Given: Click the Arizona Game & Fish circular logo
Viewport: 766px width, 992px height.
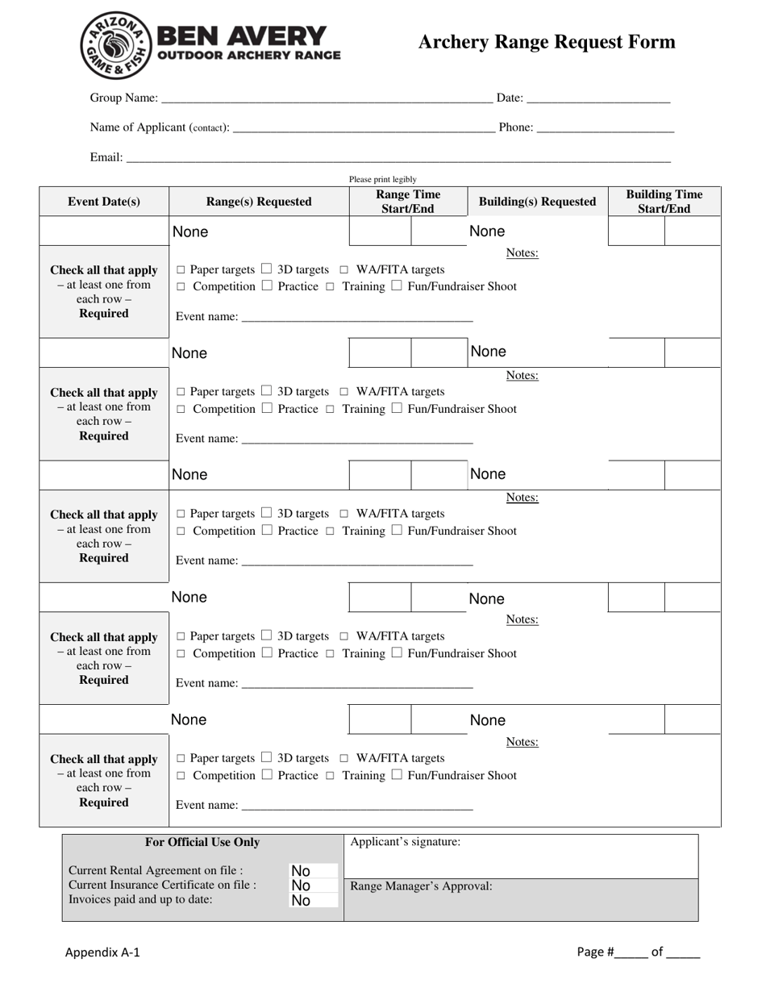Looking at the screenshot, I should pos(115,46).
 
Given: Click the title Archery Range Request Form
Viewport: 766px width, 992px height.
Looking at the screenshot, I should pos(546,42).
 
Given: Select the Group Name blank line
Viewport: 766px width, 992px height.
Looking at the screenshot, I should pos(327,100).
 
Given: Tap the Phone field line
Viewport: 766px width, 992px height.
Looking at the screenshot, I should pos(605,129).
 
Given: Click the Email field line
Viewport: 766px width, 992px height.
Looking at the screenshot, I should pos(398,159).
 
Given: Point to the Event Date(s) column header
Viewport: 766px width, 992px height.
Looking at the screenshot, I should pos(104,202).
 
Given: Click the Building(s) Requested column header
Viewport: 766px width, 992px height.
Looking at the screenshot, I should pos(537,202).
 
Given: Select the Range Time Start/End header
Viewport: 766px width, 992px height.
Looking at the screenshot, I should pos(408,202).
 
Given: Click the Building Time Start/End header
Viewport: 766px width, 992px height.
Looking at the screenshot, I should pos(664,202).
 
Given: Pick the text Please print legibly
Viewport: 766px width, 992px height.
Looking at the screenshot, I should pos(383,179).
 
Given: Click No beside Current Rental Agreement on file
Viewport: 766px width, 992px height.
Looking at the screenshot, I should pos(301,871).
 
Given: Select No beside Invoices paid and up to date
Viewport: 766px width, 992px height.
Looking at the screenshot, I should pos(301,901).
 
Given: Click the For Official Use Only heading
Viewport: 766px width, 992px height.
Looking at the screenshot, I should pos(202,842).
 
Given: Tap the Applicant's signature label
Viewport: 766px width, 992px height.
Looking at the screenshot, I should pos(406,842).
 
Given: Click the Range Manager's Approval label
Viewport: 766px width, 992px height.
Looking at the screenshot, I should pos(421,886).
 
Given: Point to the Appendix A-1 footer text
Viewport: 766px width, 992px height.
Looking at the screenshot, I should pos(102,952).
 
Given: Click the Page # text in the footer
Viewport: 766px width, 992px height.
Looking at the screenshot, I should pos(596,952).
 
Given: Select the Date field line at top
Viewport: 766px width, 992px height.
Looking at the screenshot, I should pos(598,100).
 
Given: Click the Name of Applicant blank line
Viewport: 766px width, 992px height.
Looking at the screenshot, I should pos(363,129).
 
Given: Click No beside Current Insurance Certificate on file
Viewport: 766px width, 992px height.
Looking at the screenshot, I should pos(301,886).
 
